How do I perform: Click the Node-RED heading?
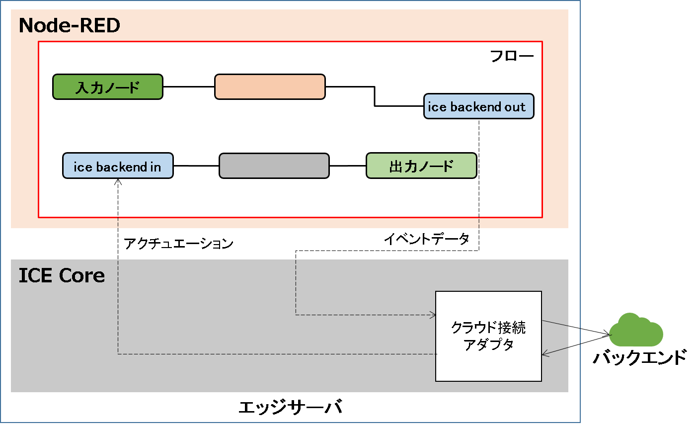pyautogui.click(x=70, y=25)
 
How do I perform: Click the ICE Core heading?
pyautogui.click(x=62, y=275)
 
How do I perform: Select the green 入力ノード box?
pyautogui.click(x=108, y=87)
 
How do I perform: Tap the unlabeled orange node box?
pyautogui.click(x=270, y=87)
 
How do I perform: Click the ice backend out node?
pyautogui.click(x=478, y=106)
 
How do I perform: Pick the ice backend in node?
pyautogui.click(x=118, y=166)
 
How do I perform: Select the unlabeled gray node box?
pyautogui.click(x=274, y=166)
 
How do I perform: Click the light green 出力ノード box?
pyautogui.click(x=421, y=166)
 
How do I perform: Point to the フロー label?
pyautogui.click(x=512, y=56)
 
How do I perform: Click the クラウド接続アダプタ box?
pyautogui.click(x=488, y=336)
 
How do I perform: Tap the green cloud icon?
pyautogui.click(x=636, y=331)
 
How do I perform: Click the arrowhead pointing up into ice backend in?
pyautogui.click(x=118, y=182)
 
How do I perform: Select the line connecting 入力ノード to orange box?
pyautogui.click(x=189, y=86)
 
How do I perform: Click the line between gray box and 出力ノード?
pyautogui.click(x=348, y=166)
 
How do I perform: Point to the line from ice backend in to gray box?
pyautogui.click(x=196, y=166)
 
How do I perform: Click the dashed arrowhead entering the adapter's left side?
pyautogui.click(x=433, y=315)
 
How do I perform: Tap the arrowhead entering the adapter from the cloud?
pyautogui.click(x=545, y=353)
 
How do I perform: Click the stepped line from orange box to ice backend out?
pyautogui.click(x=375, y=96)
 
